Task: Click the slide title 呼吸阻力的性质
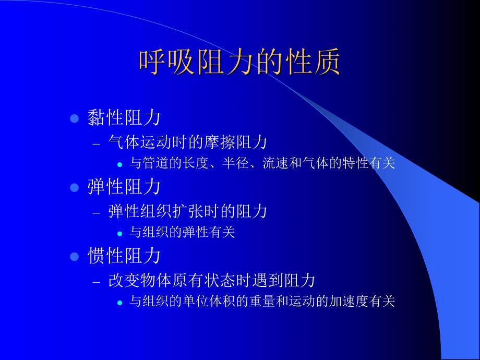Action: [239, 63]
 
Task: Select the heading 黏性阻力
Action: [124, 118]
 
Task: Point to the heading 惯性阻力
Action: [124, 256]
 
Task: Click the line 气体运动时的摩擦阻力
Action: [188, 142]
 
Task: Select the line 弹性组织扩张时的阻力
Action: [188, 211]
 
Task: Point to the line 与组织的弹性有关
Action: [182, 232]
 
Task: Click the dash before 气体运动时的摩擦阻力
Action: [95, 143]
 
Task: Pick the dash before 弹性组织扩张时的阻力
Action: [95, 212]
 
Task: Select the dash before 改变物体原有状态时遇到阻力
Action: [95, 282]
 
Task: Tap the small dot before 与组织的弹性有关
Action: [119, 233]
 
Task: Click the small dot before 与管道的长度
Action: [119, 164]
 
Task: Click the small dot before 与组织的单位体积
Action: [119, 302]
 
